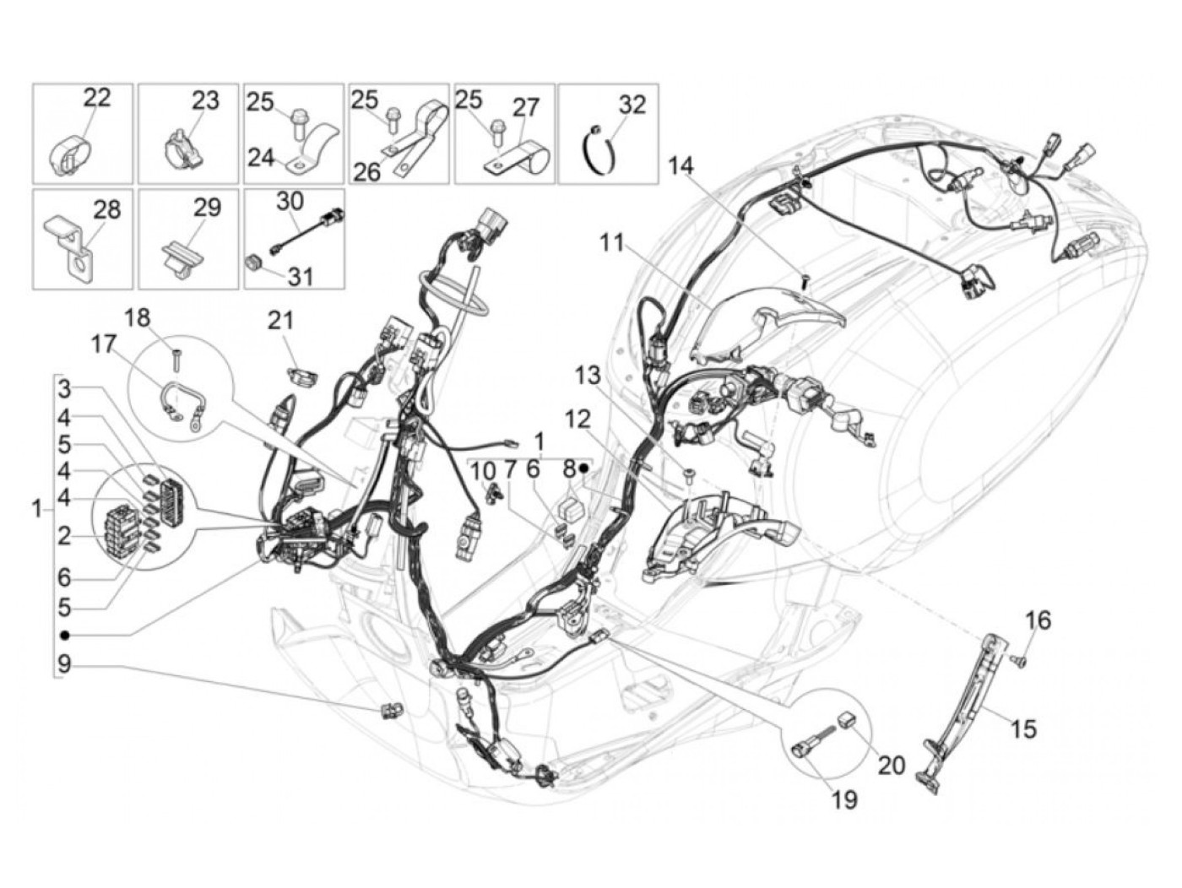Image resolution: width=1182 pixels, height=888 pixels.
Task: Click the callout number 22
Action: click(x=97, y=97)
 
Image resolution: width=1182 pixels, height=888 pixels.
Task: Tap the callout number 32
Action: click(x=632, y=105)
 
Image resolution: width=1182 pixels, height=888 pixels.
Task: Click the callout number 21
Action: click(x=280, y=321)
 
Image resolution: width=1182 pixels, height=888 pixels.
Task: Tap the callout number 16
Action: click(x=1038, y=621)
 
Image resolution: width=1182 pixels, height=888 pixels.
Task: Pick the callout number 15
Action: click(x=1023, y=728)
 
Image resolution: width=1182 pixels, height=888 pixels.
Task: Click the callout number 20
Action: click(x=892, y=765)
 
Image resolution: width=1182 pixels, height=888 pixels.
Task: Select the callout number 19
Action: click(x=844, y=799)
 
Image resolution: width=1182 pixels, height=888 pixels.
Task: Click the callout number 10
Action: click(x=484, y=471)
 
